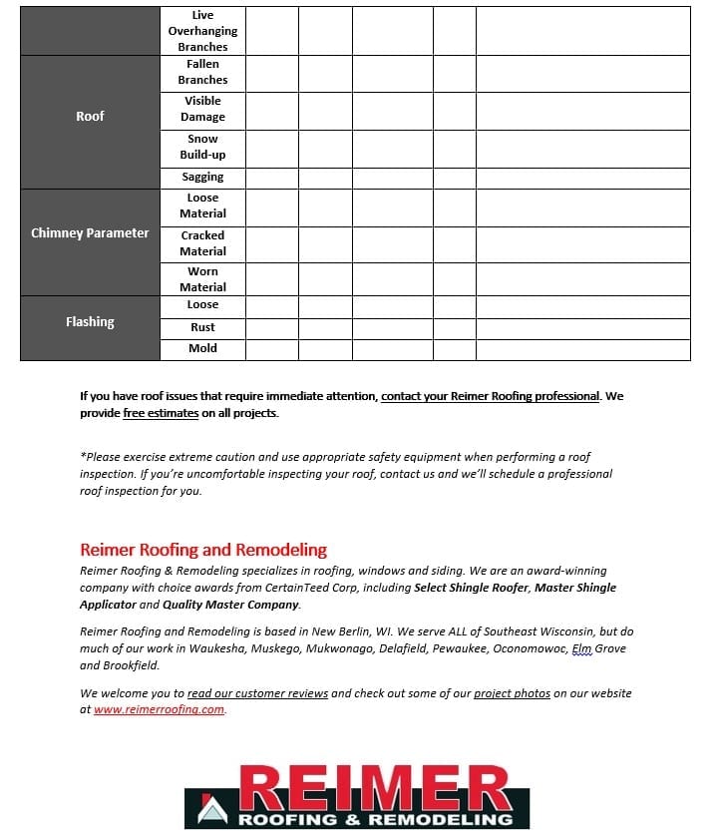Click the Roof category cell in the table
pos(90,117)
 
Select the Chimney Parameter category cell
pos(90,233)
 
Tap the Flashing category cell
pos(90,322)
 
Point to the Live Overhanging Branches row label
pos(202,31)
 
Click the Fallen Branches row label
pos(202,72)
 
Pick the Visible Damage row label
pos(202,109)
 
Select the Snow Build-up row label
pos(202,147)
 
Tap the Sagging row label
pos(202,178)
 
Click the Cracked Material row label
pos(202,243)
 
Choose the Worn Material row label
pos(202,279)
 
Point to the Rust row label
pos(202,327)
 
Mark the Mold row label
pos(202,349)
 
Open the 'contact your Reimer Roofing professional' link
pos(490,396)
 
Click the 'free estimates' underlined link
pos(161,413)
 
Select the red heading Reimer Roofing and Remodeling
pos(203,550)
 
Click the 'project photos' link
pos(512,693)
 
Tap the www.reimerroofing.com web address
pos(160,709)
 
